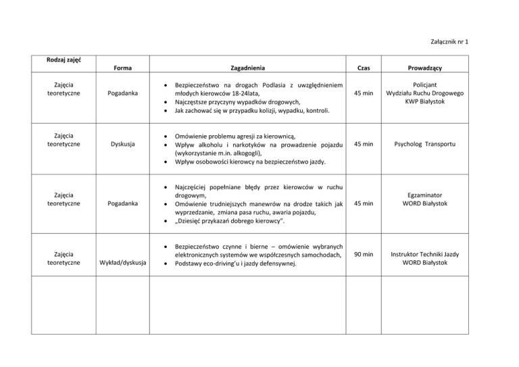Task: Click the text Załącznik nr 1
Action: click(449, 43)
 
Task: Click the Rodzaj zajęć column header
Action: click(65, 60)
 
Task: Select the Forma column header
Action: click(122, 68)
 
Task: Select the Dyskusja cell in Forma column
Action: click(122, 143)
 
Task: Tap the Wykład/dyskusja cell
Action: click(122, 263)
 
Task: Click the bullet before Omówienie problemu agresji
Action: click(166, 135)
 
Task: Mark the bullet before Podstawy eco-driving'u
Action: click(166, 264)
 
